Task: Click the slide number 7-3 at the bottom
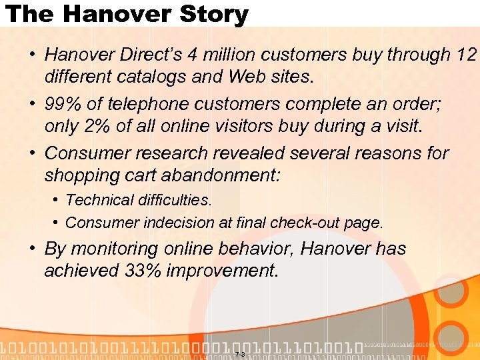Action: point(240,353)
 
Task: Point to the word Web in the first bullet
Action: point(247,77)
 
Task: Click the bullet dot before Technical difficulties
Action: point(57,200)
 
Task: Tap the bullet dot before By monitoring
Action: point(32,249)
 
